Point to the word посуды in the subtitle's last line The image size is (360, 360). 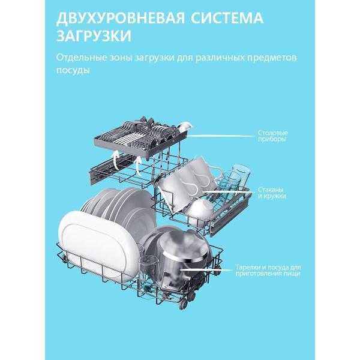[x=73, y=70]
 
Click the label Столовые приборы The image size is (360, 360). [x=272, y=136]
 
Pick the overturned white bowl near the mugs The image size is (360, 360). [x=201, y=207]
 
